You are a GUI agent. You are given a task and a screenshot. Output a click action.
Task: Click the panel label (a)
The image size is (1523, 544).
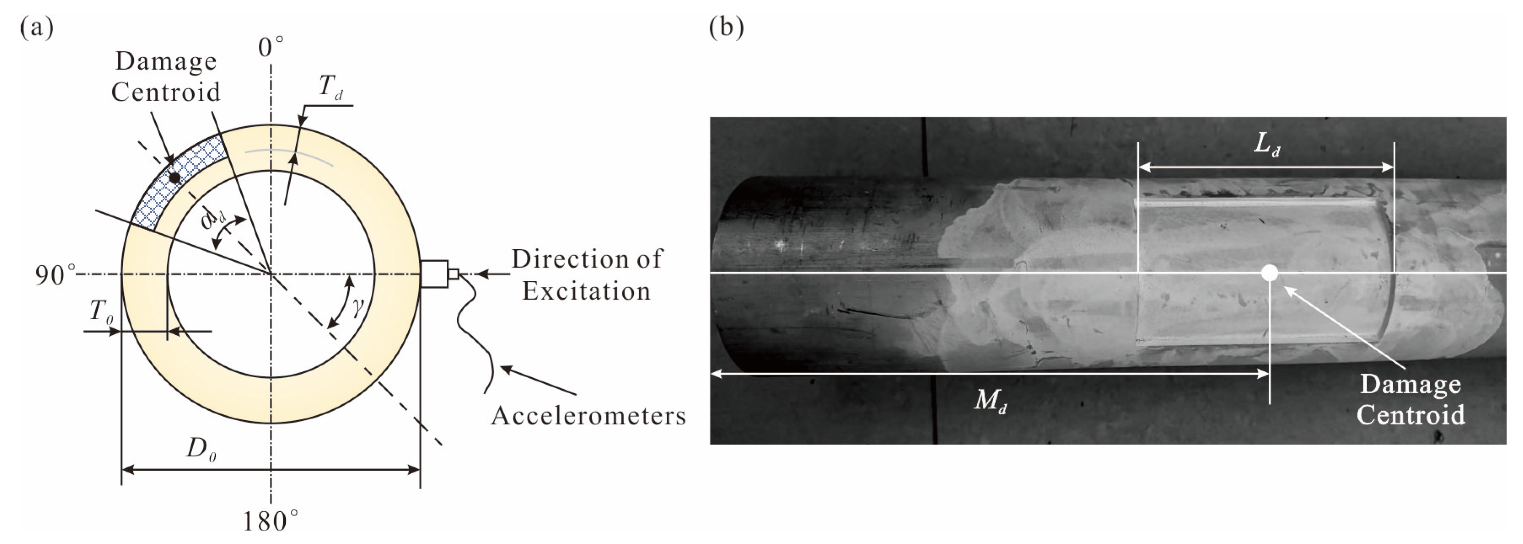tap(37, 28)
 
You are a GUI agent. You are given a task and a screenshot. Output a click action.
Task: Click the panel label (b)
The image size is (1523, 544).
tap(726, 28)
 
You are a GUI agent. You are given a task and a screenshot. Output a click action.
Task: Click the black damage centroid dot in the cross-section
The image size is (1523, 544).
tap(174, 178)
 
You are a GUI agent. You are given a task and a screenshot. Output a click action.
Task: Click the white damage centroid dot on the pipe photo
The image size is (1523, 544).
tap(1269, 273)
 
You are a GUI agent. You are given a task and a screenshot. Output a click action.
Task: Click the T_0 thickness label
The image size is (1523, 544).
tap(101, 311)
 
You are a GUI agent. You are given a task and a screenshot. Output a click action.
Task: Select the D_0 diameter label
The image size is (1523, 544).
tap(199, 450)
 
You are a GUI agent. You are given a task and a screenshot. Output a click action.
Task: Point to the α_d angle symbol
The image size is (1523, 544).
tap(213, 219)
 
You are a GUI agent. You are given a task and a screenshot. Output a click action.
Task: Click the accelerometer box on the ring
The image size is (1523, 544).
tap(434, 274)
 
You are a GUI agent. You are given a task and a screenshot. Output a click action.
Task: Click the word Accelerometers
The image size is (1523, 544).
tap(588, 416)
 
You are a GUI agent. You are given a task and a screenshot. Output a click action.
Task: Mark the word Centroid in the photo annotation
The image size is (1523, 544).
tap(1410, 415)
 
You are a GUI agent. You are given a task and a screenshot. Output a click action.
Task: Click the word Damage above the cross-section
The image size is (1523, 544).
tap(166, 61)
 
